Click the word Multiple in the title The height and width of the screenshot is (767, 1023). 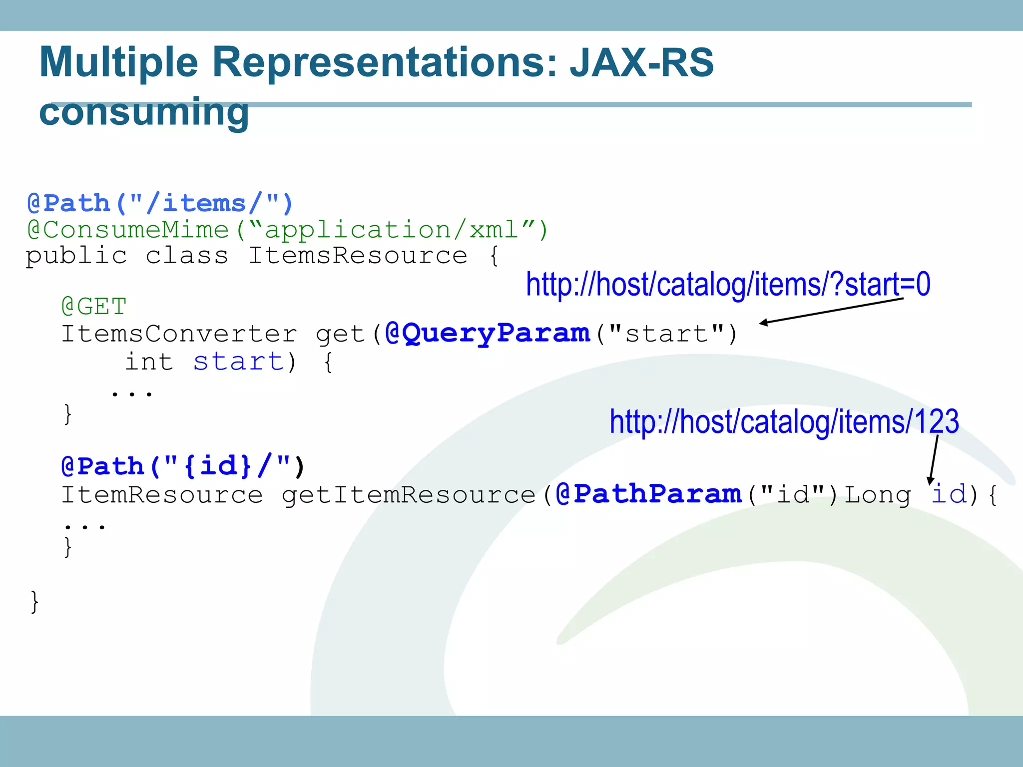(119, 63)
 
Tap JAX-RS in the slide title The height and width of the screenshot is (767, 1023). (641, 63)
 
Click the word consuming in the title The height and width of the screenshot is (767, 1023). (144, 112)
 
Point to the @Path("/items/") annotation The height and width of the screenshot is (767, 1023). (160, 204)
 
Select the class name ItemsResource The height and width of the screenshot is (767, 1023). (358, 256)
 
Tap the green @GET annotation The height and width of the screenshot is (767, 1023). (94, 306)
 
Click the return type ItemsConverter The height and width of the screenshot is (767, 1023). (179, 334)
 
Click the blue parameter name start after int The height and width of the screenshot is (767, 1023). (239, 362)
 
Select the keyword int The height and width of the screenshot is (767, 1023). (149, 362)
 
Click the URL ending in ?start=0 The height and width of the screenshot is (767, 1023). (728, 285)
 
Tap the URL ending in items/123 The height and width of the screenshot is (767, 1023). (784, 422)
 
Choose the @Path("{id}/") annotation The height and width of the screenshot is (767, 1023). (182, 466)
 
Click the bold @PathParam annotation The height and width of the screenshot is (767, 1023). (648, 494)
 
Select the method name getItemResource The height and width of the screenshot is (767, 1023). (409, 495)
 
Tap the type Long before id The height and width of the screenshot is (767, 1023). (878, 495)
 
